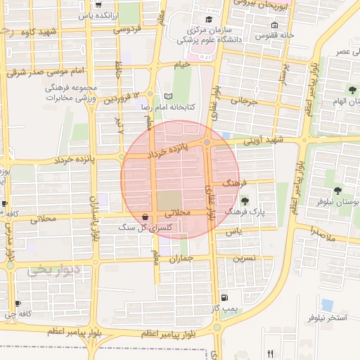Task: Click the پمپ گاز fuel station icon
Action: point(224,297)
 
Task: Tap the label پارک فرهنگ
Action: point(240,212)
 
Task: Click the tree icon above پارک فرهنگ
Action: point(245,202)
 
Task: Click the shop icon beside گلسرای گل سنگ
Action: point(145,217)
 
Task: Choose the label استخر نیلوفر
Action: point(327,319)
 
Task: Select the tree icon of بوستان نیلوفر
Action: point(338,190)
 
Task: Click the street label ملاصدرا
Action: point(325,231)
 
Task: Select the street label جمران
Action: point(180,259)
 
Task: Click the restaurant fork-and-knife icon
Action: point(270,354)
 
